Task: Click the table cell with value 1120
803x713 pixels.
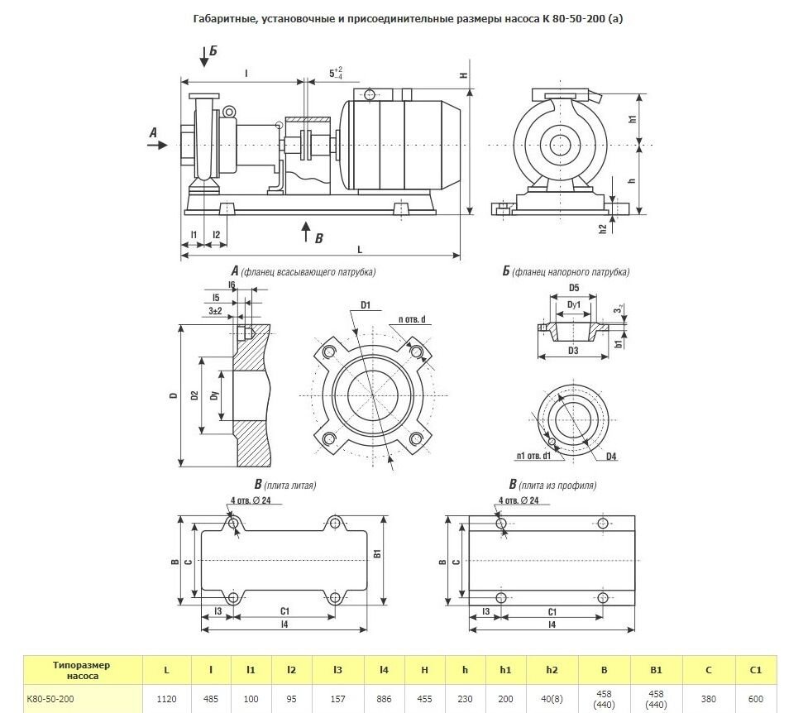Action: tap(166, 699)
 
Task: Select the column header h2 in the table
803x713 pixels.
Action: tap(552, 670)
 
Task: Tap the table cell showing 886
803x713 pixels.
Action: tap(384, 699)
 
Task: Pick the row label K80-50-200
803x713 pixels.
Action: tap(50, 699)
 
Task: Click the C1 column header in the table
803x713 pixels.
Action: tap(755, 670)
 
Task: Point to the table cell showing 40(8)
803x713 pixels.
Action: tap(552, 699)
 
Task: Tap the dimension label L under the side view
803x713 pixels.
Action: tap(360, 250)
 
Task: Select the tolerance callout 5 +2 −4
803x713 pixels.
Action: tap(336, 73)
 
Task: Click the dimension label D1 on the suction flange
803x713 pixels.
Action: tap(366, 306)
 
